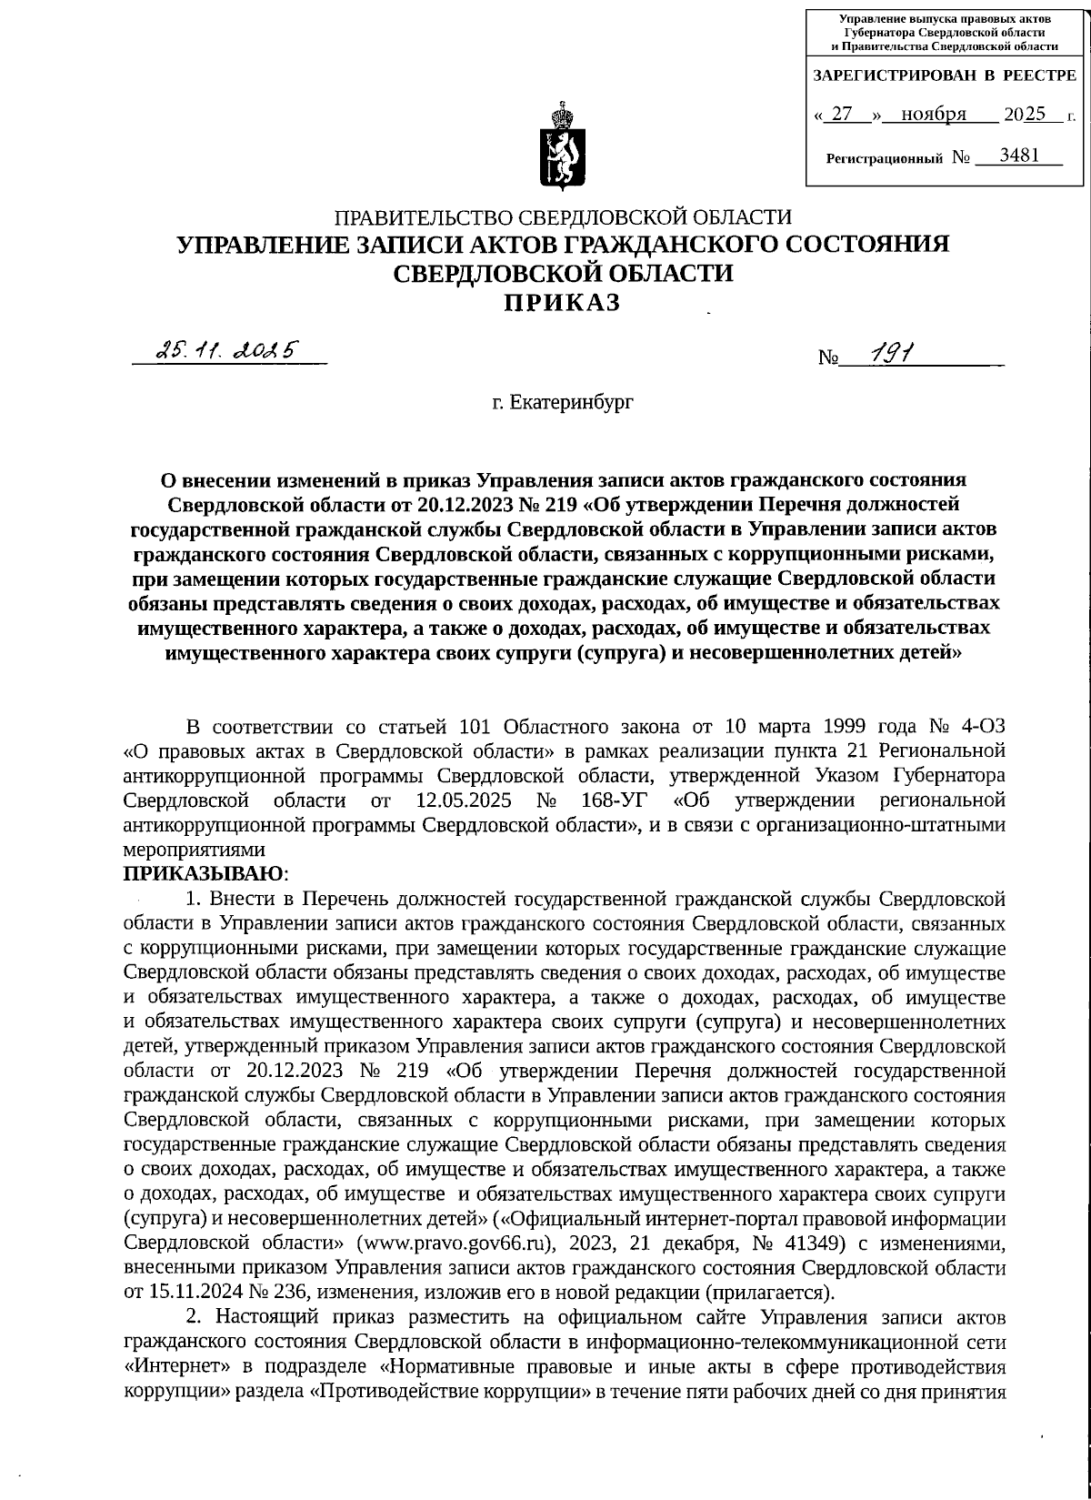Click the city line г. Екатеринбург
563,401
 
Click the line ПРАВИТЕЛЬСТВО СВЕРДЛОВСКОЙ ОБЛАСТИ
564,217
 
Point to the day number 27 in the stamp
843,114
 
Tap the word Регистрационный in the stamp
884,158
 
